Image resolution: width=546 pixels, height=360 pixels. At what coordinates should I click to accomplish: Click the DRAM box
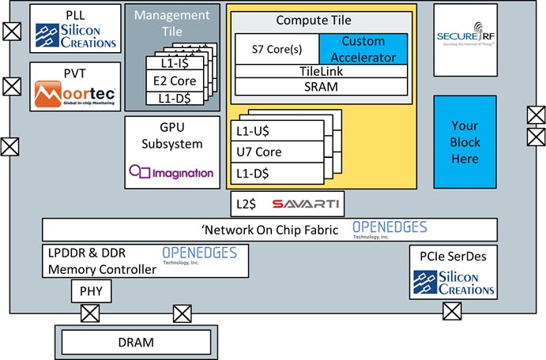click(x=136, y=343)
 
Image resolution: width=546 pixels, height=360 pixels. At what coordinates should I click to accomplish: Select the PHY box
click(x=91, y=292)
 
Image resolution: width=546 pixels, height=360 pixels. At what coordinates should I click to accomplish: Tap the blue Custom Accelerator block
click(x=363, y=48)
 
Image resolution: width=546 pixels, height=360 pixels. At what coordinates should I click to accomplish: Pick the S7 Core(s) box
click(x=277, y=48)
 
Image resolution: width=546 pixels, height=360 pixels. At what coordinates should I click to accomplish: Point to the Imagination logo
click(x=172, y=172)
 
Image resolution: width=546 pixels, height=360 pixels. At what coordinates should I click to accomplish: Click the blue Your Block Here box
click(x=465, y=143)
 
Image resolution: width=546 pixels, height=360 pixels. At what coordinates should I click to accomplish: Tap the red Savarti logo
click(x=306, y=204)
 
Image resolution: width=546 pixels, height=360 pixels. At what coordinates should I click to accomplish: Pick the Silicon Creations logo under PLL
click(x=76, y=36)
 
